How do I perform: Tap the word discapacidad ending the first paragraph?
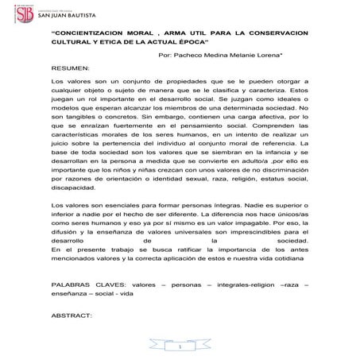point(72,190)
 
